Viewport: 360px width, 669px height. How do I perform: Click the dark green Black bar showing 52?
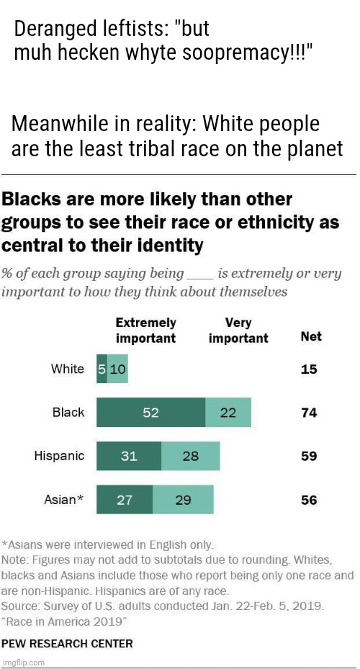pos(150,413)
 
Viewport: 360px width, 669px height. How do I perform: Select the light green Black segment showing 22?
pos(228,413)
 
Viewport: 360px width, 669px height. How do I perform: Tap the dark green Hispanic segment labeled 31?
pos(129,456)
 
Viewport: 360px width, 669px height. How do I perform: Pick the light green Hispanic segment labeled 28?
pos(190,456)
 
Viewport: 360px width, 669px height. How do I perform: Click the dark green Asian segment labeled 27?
pos(124,499)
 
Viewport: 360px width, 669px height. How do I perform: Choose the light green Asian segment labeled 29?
pos(183,499)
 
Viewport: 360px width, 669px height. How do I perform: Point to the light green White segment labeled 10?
pos(118,369)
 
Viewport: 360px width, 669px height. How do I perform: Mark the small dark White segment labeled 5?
pos(102,369)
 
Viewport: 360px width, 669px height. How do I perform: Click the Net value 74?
pos(309,413)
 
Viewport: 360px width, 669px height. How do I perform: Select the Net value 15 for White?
pos(309,369)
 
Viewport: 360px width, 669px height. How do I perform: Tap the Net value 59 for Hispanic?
pos(309,456)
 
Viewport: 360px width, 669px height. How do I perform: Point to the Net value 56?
pos(309,499)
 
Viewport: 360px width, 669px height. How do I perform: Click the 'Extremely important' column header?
pos(145,331)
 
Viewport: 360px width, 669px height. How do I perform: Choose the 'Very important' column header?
pos(238,331)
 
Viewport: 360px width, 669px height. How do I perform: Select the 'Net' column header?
pos(310,336)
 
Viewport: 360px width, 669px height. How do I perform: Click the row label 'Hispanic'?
pos(60,456)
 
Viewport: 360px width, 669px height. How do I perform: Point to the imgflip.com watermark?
pos(24,662)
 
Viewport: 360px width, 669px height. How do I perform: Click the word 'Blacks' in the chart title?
pos(34,198)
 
